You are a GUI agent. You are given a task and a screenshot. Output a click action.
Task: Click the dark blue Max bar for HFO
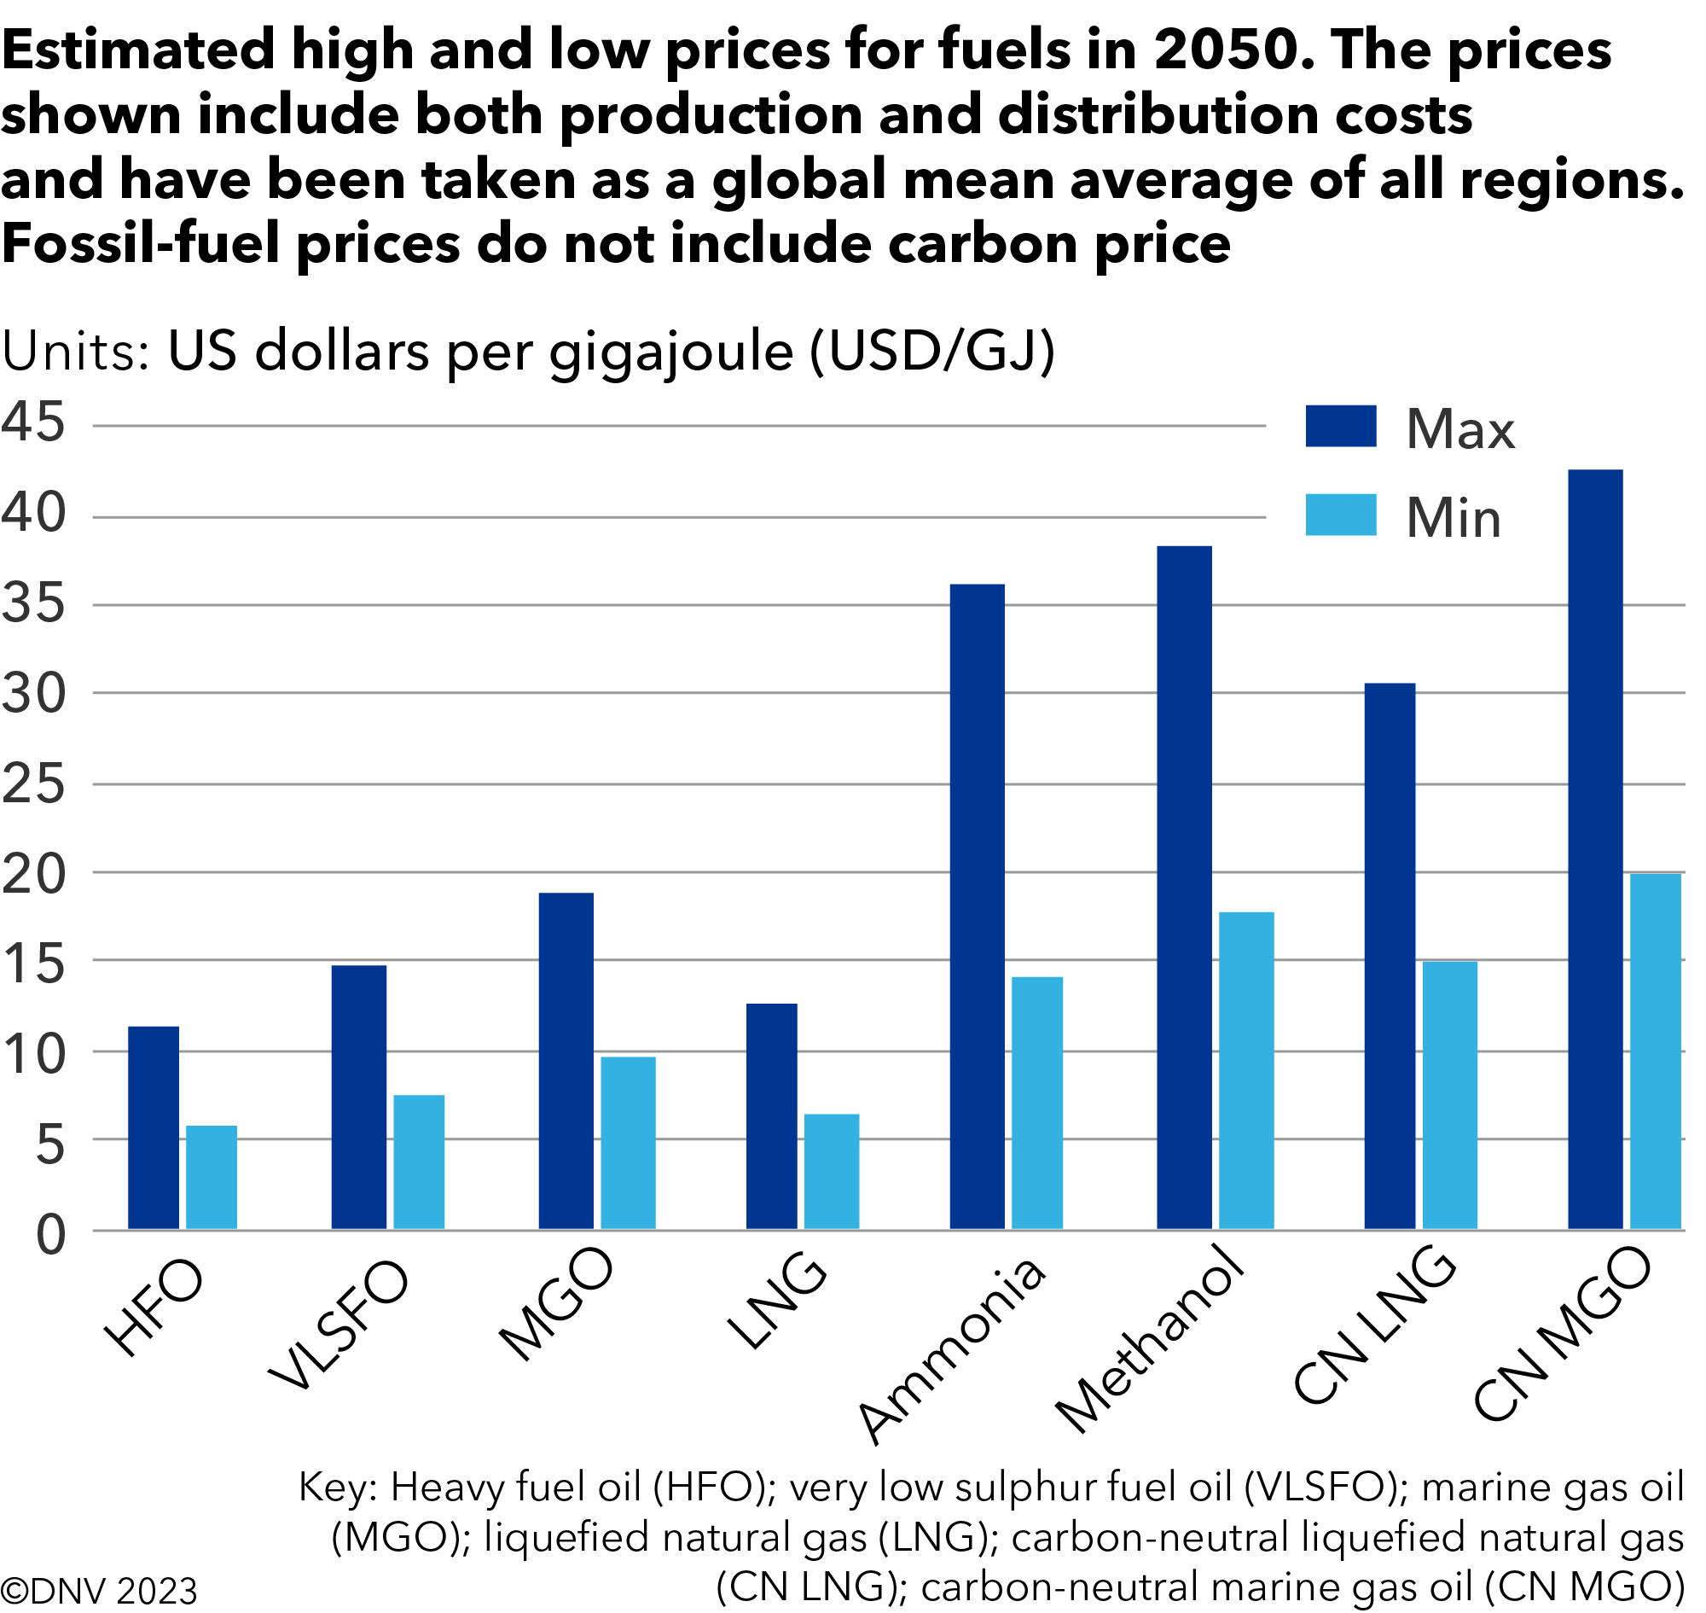coord(154,1128)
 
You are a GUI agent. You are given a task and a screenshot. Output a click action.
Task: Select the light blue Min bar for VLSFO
coord(420,1162)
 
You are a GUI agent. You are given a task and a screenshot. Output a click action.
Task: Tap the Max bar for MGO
coord(566,1061)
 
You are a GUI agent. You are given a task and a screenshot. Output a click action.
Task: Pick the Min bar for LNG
coord(832,1172)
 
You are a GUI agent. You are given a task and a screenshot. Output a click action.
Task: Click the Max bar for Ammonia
coord(978,907)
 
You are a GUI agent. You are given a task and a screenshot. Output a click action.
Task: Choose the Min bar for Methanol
coord(1247,1070)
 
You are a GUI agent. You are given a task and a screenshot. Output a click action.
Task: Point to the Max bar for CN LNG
coord(1390,956)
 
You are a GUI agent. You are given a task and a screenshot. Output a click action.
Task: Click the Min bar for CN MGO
coord(1657,1051)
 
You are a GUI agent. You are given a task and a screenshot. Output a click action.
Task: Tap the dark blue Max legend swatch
coord(1342,427)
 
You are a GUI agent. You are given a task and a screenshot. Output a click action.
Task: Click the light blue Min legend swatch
coord(1342,515)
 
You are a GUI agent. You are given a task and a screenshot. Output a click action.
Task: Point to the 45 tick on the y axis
coord(32,423)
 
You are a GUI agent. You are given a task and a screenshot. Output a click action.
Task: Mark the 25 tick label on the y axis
coord(32,785)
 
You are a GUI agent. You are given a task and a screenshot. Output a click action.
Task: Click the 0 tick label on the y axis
coord(49,1237)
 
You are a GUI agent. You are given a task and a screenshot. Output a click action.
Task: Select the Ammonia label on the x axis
coord(954,1350)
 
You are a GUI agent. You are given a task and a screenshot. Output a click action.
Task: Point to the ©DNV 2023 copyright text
coord(99,1592)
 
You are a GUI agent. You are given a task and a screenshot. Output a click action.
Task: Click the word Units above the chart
coord(76,352)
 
